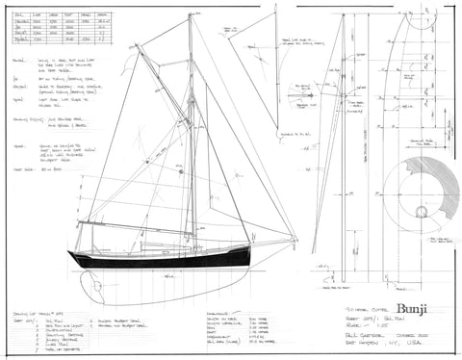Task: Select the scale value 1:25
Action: point(361,310)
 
